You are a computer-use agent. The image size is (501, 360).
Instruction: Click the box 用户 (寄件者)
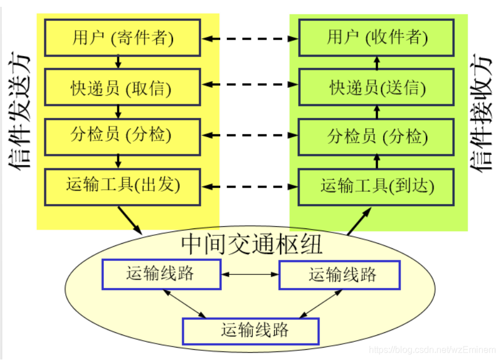click(x=122, y=37)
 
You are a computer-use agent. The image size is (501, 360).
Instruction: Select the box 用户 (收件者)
click(x=376, y=37)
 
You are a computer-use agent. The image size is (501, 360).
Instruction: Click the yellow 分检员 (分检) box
click(x=122, y=135)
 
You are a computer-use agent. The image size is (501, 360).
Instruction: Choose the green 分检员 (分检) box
click(x=376, y=136)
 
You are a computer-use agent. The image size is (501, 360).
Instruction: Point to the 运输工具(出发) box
click(x=122, y=185)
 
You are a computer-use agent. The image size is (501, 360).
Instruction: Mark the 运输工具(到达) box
click(x=376, y=186)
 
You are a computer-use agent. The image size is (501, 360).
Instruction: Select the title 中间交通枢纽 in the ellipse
click(x=251, y=244)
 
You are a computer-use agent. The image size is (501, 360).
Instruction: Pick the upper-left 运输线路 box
click(x=161, y=274)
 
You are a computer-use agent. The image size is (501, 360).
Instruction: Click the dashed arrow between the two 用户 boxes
click(x=250, y=39)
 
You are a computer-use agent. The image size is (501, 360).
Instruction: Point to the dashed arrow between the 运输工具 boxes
click(x=250, y=186)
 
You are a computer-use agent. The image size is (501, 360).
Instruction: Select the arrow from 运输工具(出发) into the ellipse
click(x=130, y=219)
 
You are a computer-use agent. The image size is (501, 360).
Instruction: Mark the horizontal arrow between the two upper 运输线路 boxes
click(x=250, y=275)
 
